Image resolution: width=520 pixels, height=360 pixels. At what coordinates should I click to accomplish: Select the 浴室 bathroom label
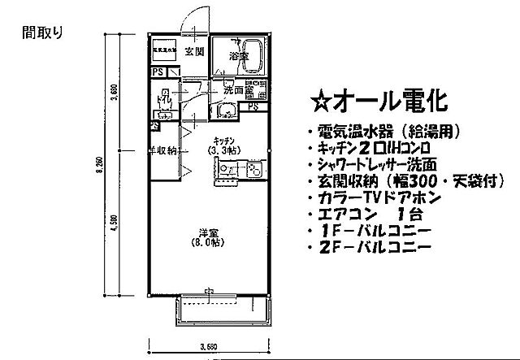[237, 56]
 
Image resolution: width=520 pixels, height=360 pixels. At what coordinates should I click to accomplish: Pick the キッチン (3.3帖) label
[224, 145]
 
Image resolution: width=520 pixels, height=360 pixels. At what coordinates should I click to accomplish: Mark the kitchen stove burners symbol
[252, 171]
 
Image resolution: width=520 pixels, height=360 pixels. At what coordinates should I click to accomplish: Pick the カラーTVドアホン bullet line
[374, 197]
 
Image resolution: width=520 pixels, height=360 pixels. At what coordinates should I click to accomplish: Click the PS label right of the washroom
[253, 106]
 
